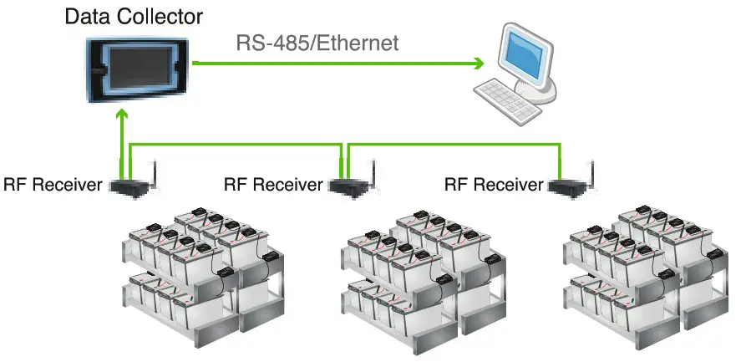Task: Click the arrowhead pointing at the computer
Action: (478, 64)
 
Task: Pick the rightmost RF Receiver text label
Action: (494, 185)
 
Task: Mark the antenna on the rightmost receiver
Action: (591, 173)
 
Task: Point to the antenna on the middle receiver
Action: (372, 172)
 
